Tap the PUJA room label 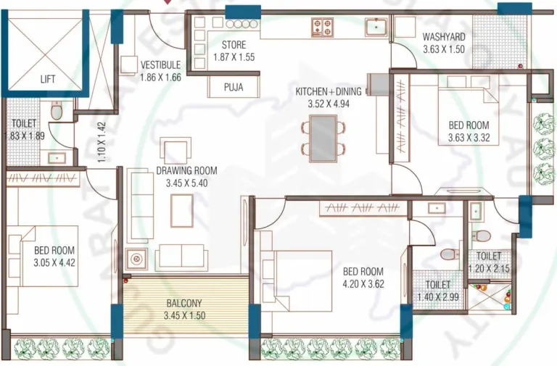point(233,87)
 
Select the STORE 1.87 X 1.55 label point(234,51)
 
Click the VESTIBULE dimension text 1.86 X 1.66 point(160,78)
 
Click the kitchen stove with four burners point(322,28)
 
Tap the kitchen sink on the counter point(376,28)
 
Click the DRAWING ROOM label point(186,171)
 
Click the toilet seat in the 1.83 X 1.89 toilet point(57,111)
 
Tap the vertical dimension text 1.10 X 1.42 point(102,141)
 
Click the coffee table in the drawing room point(182,210)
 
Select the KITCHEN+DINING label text point(324,92)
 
